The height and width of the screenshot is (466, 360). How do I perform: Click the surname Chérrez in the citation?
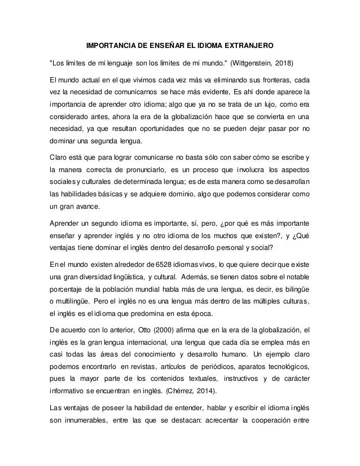[x=190, y=395]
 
